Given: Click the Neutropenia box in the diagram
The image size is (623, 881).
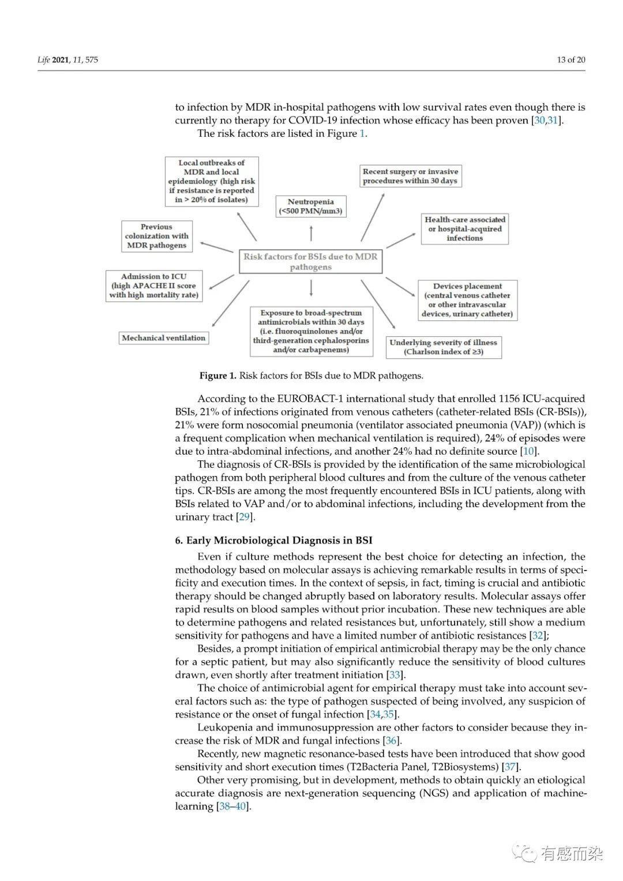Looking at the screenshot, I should point(311,207).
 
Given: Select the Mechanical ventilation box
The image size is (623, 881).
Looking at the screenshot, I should point(164,338).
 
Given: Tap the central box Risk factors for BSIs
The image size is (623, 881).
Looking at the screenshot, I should point(310,262).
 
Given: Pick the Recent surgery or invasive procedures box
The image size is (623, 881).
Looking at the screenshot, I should point(410,176).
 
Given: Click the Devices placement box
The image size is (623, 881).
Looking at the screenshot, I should point(467,300).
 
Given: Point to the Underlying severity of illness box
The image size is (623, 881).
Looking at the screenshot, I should point(443,347).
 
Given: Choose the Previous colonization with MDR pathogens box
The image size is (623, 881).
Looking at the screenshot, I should point(156,236).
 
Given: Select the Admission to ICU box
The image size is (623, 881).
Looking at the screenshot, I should point(153,286).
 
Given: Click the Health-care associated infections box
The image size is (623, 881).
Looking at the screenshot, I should point(465,228).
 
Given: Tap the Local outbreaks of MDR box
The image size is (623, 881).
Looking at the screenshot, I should point(212,181).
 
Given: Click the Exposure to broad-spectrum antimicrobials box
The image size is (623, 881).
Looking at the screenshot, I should point(311,331).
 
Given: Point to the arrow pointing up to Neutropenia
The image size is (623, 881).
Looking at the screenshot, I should point(311,233).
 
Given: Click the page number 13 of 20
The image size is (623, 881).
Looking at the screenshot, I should point(571,60).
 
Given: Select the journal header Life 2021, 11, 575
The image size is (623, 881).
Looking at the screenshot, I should point(68,60).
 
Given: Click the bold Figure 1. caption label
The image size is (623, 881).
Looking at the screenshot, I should point(218,376).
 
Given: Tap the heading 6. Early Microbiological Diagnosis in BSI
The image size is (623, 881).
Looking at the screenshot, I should point(274,541).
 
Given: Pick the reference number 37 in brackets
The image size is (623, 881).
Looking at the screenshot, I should point(510,767).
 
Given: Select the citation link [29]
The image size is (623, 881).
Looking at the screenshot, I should point(245,517).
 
